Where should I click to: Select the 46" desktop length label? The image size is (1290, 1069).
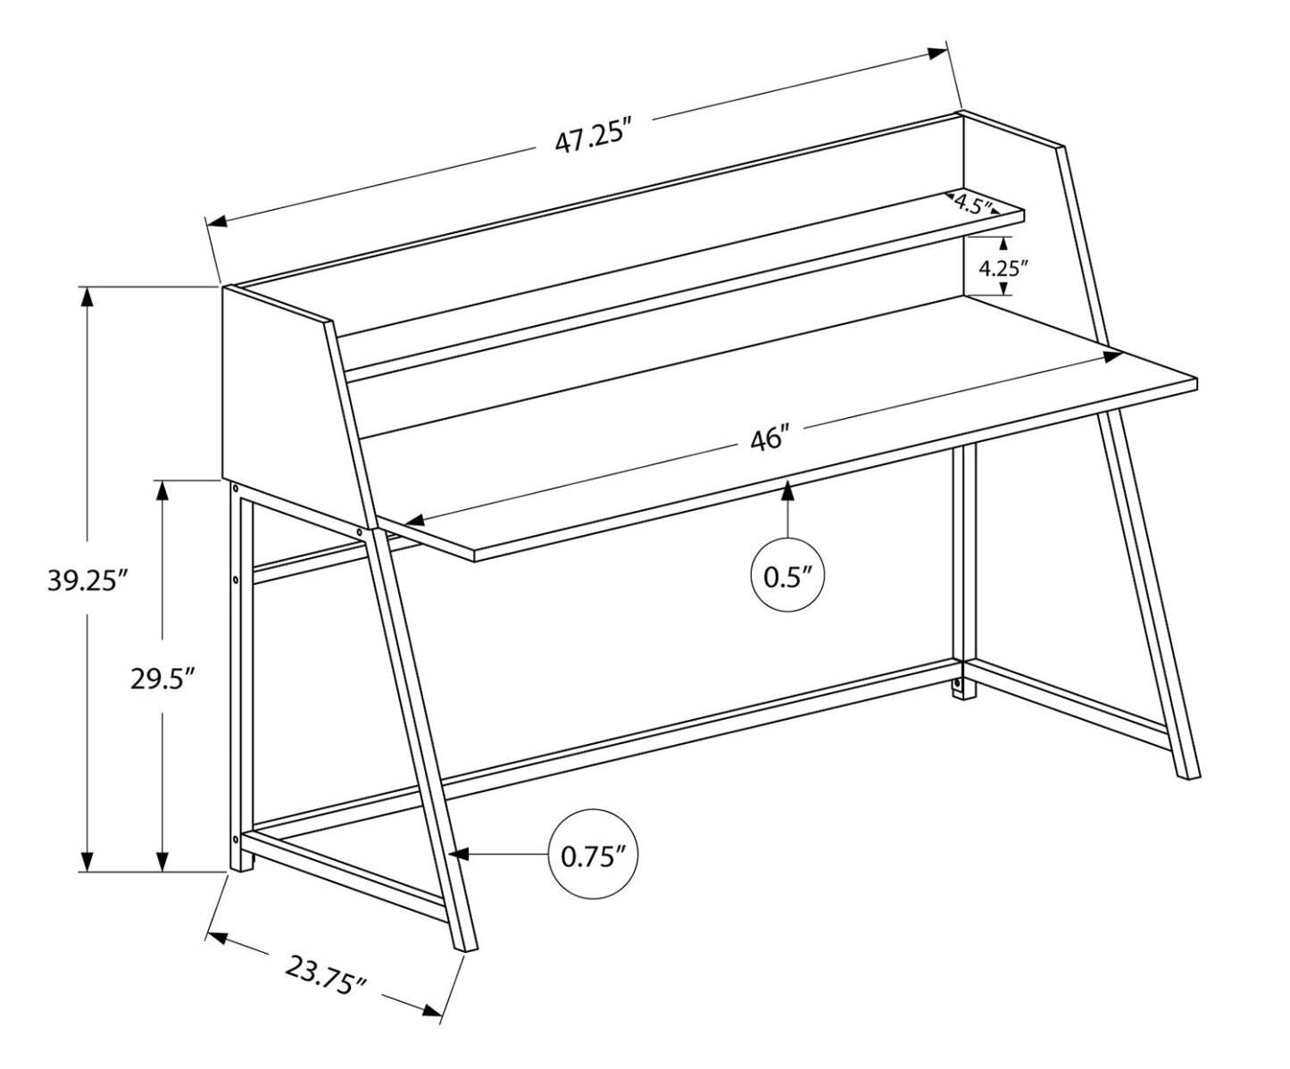click(x=770, y=439)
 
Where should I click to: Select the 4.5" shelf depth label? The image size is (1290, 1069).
click(x=972, y=204)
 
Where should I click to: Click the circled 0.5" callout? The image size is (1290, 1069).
click(x=786, y=576)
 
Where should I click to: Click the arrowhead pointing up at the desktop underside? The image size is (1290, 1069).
click(x=787, y=489)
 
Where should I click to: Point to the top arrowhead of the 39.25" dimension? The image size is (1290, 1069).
click(x=87, y=297)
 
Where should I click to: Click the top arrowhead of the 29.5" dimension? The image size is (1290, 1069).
click(x=162, y=490)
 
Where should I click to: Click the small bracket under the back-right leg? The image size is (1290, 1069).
click(x=959, y=687)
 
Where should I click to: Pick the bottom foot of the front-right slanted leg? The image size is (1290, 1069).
click(x=1188, y=773)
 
